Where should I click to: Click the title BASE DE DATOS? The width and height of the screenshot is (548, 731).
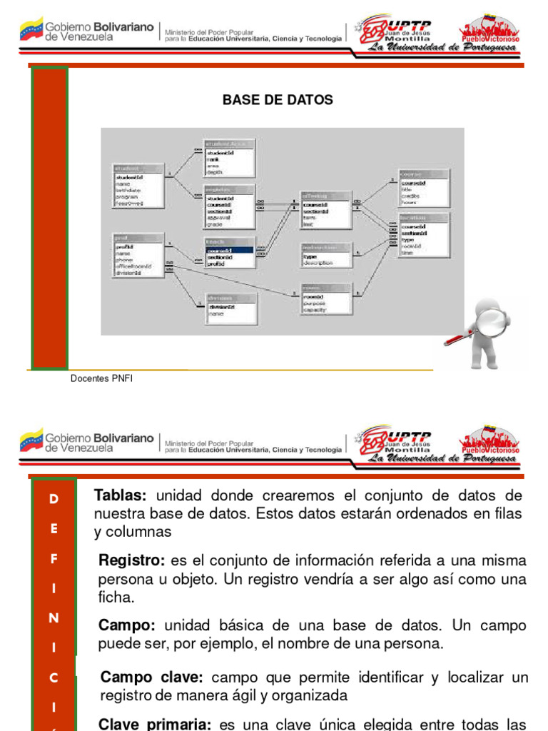click(x=278, y=100)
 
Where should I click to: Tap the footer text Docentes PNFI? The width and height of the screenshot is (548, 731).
click(x=101, y=379)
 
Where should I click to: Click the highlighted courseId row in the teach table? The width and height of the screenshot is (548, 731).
click(x=229, y=251)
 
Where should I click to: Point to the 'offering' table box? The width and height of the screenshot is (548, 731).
click(x=326, y=210)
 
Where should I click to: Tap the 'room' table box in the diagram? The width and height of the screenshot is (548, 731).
click(x=326, y=298)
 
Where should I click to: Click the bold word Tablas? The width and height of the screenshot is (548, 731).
click(x=121, y=495)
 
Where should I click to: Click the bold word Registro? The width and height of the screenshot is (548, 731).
click(x=132, y=560)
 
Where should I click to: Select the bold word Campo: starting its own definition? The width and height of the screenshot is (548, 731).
click(x=127, y=625)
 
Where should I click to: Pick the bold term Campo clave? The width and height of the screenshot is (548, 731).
click(x=152, y=677)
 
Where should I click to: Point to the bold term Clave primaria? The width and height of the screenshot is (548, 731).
click(x=155, y=724)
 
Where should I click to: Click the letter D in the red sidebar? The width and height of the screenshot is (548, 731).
click(x=54, y=500)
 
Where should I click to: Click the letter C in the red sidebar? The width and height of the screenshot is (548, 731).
click(x=54, y=678)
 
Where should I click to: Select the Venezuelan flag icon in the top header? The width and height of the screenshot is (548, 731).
click(x=31, y=30)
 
